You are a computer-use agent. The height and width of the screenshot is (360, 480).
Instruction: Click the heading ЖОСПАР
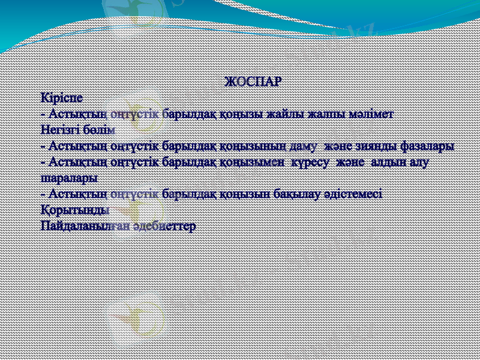(252, 82)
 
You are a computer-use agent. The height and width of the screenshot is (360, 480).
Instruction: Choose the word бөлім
(98, 129)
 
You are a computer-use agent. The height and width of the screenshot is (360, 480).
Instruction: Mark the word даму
(305, 146)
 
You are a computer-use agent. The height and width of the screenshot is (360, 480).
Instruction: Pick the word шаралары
(69, 178)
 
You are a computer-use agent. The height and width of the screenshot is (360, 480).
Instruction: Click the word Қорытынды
(75, 211)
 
